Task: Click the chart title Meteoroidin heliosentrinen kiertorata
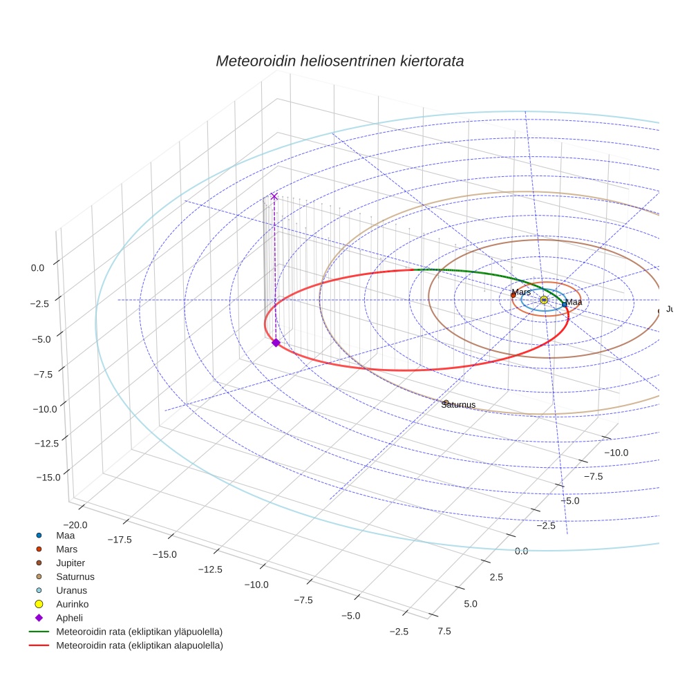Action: point(339,61)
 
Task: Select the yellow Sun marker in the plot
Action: point(544,299)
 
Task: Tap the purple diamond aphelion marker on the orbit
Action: point(276,343)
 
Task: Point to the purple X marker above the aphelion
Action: point(274,196)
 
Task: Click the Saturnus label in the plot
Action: point(459,405)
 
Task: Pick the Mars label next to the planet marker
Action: point(521,292)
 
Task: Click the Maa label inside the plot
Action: point(574,302)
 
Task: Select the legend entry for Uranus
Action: point(71,590)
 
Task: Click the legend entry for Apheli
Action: point(69,618)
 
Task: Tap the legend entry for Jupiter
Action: point(70,563)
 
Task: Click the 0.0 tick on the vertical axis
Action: point(37,267)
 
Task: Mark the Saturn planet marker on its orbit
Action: point(446,402)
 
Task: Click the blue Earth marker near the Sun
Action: point(564,304)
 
